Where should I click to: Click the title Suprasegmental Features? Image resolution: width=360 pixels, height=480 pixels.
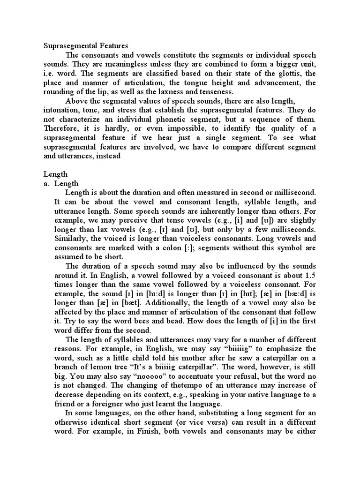[x=86, y=46]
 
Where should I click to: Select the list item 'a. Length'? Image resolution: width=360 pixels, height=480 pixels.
[x=61, y=183]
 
